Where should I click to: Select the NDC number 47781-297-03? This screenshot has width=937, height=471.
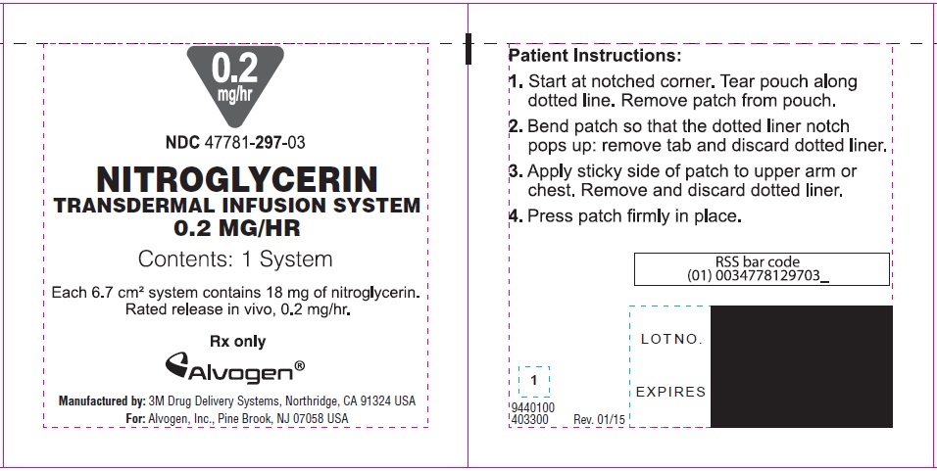235,143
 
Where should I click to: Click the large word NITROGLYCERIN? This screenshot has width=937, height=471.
237,179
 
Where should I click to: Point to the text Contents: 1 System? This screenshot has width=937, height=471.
235,259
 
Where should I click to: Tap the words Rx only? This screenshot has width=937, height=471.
238,342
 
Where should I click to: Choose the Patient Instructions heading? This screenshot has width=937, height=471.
595,56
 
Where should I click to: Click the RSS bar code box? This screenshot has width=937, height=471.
762,269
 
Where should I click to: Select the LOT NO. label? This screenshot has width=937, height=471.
671,339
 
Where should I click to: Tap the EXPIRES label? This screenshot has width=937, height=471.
670,392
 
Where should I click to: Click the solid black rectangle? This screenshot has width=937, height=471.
802,366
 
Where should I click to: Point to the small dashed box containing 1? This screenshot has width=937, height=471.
533,382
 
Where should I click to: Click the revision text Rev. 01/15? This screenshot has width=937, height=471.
599,420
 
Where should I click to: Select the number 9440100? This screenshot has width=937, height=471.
533,407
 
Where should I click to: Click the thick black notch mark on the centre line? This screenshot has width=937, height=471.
468,49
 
